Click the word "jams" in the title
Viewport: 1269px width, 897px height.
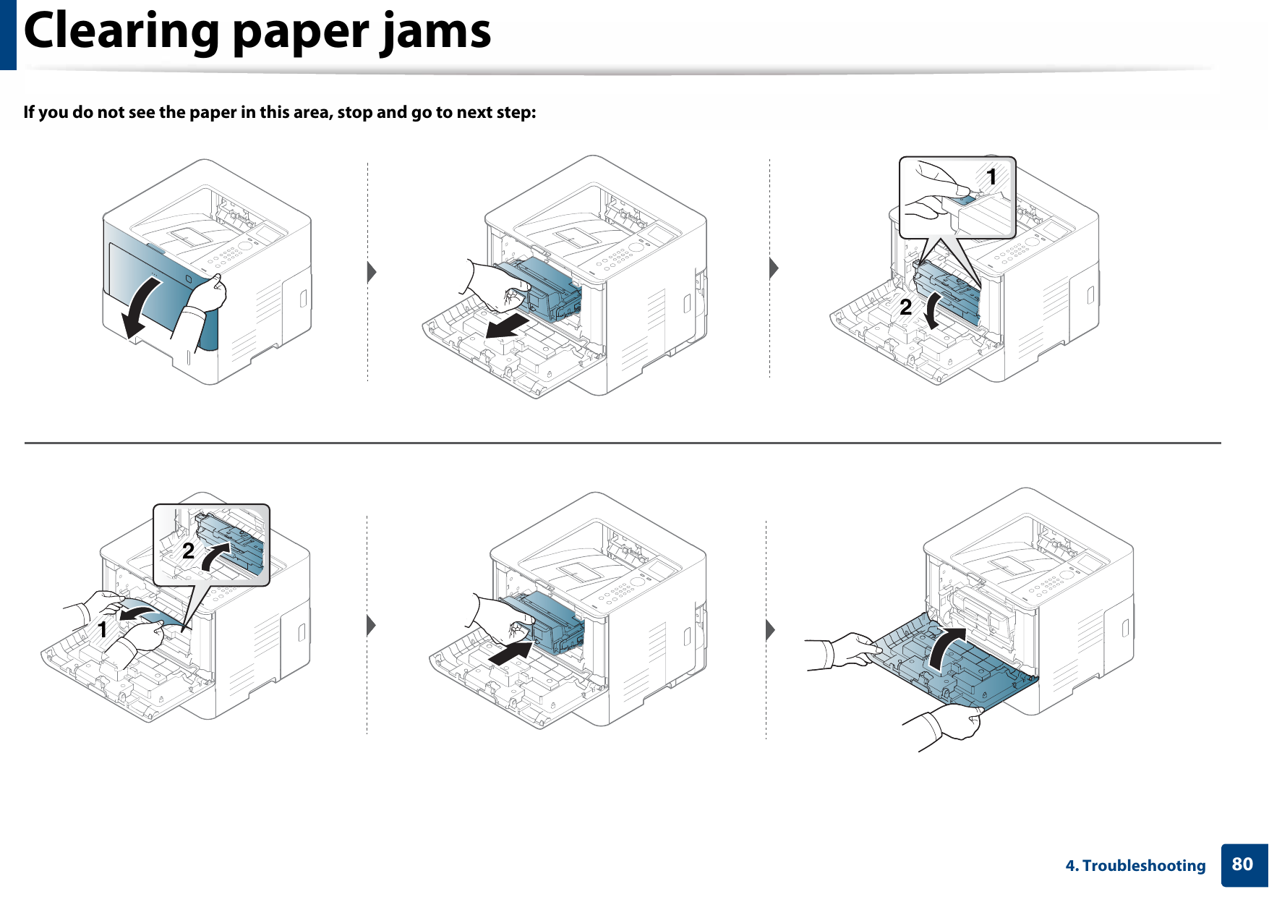(x=437, y=33)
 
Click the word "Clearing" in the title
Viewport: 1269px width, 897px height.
(x=121, y=33)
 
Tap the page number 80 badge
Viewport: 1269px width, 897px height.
(x=1242, y=864)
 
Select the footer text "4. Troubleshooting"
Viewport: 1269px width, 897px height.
(x=1135, y=866)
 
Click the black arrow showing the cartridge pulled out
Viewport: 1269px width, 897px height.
(x=506, y=326)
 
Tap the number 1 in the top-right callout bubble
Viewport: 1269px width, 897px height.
(x=991, y=177)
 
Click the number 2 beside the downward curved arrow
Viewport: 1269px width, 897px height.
(x=905, y=307)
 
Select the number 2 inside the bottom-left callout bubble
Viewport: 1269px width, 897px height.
(x=188, y=551)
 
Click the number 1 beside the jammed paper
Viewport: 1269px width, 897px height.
(x=103, y=629)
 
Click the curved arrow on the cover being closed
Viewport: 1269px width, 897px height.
(x=944, y=648)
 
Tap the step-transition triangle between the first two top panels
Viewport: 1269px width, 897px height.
(x=372, y=272)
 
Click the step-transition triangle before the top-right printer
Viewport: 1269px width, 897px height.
(x=773, y=268)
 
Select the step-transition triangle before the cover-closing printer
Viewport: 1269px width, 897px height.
(x=770, y=629)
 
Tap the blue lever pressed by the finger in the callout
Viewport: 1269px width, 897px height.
(x=962, y=194)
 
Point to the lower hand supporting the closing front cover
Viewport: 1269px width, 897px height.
(x=954, y=723)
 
